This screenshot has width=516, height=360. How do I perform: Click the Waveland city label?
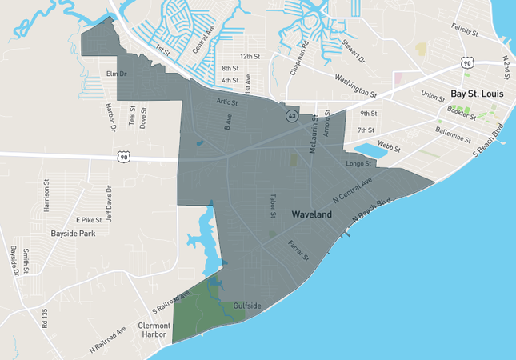tap(312, 215)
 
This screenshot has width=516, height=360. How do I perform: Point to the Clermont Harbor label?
tap(154, 330)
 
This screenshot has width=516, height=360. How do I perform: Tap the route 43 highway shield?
tap(293, 117)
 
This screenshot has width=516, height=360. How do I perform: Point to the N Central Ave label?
tap(353, 190)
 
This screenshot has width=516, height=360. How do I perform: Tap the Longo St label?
tap(358, 164)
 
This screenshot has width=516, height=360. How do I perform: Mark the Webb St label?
tap(388, 146)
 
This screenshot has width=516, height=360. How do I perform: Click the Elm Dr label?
tap(117, 74)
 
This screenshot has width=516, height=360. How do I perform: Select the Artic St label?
tap(228, 102)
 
